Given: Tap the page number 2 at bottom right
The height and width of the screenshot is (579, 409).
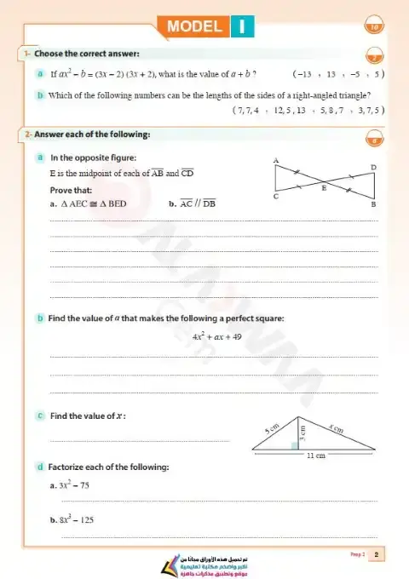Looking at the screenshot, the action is [x=376, y=555].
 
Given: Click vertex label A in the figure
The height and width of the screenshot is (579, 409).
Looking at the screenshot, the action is [x=275, y=159].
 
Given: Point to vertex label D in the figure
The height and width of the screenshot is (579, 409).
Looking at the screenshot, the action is [x=374, y=166].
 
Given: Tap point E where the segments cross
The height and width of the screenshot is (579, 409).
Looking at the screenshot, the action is [x=323, y=188].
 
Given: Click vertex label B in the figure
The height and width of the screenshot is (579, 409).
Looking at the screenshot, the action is [x=374, y=205].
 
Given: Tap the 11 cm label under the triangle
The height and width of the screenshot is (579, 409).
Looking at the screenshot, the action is [x=315, y=456].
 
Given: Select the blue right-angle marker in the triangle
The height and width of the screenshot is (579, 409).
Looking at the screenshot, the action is [x=295, y=444].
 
